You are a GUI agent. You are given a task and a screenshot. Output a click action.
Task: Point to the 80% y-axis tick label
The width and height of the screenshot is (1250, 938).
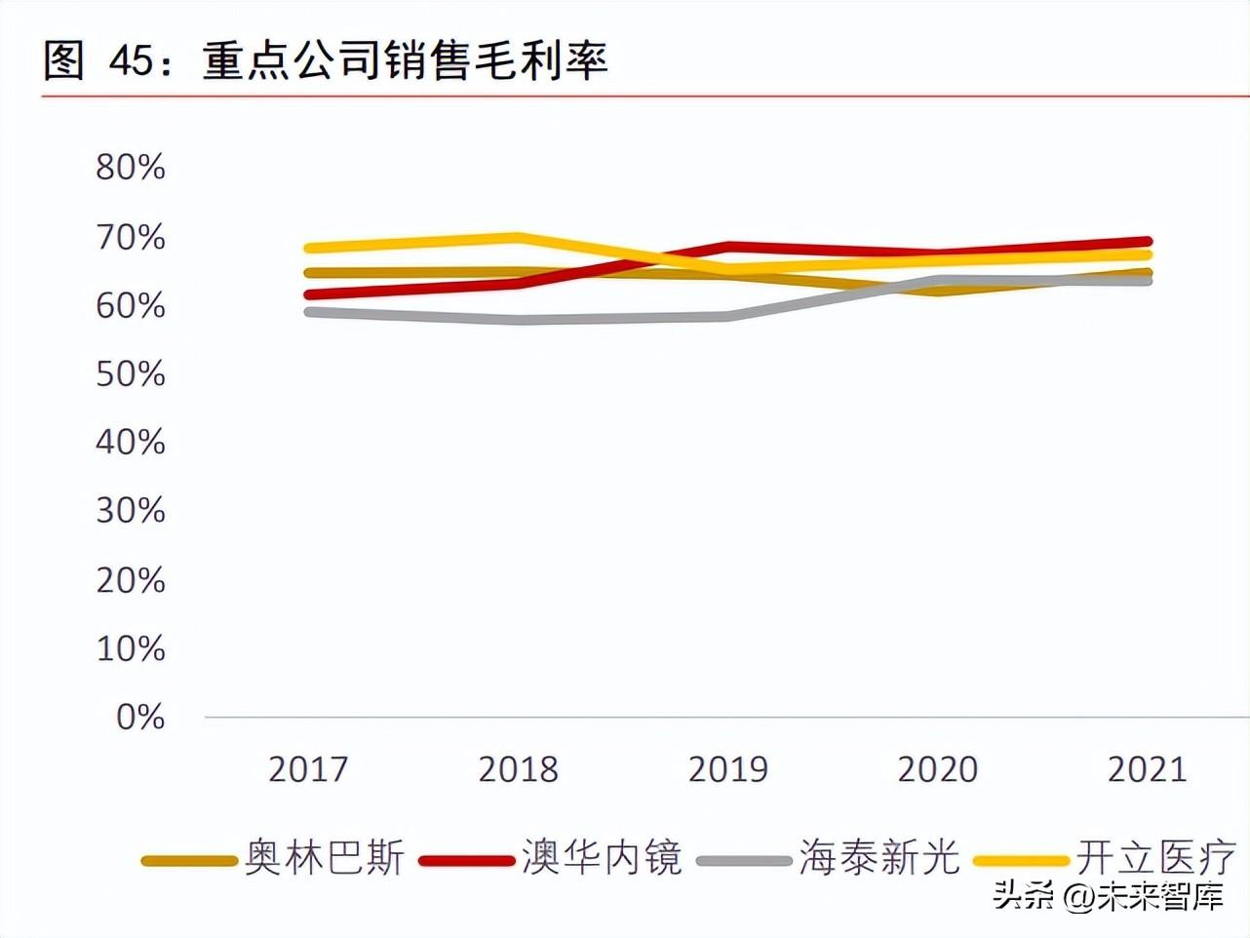(x=131, y=168)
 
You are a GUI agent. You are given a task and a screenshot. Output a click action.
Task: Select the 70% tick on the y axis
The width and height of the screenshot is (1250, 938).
(x=131, y=237)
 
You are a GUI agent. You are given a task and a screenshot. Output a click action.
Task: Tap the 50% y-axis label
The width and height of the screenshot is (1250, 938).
(x=131, y=374)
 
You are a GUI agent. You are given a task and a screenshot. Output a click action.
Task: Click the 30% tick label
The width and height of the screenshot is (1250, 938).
(x=131, y=511)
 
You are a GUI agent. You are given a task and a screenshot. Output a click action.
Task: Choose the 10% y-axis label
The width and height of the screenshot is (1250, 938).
(x=131, y=648)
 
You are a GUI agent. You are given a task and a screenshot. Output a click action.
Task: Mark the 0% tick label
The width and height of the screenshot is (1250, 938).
(x=140, y=718)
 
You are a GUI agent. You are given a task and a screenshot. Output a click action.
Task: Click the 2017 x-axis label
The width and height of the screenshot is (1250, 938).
(x=308, y=769)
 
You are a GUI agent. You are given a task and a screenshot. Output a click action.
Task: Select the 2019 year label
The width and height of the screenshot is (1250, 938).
(x=728, y=769)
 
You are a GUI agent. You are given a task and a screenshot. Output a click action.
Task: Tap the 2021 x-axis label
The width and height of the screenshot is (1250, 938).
(x=1148, y=769)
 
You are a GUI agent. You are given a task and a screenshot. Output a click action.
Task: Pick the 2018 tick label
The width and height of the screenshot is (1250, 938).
(x=518, y=769)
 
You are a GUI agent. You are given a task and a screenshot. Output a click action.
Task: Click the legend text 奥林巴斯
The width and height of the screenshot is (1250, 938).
(x=325, y=858)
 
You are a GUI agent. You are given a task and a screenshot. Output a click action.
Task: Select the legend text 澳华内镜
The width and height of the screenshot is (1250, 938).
(x=602, y=858)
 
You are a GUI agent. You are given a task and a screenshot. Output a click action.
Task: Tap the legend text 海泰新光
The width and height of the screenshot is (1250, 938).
(x=879, y=858)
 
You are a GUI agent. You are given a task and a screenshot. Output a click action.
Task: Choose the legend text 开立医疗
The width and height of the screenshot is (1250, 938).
(x=1156, y=858)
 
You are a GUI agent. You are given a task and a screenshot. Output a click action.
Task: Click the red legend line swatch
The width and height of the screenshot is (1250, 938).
(x=466, y=861)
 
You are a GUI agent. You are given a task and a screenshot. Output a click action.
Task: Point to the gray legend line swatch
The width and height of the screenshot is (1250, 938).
(x=744, y=861)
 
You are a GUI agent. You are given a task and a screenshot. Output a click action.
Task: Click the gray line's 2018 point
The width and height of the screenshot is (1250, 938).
(x=518, y=320)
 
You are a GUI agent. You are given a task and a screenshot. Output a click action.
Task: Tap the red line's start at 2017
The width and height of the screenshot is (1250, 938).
(x=309, y=294)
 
